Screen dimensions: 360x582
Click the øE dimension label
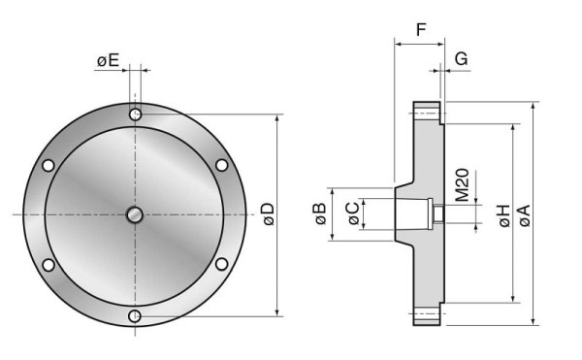108,61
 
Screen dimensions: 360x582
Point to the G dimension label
461,58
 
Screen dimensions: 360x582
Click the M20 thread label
462,184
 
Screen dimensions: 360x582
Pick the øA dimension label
525,214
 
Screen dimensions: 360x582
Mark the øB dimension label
319,213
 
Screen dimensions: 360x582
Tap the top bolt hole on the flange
136,115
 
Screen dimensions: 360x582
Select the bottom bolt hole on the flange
136,315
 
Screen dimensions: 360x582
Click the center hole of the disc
136,214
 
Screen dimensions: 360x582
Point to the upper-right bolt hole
222,164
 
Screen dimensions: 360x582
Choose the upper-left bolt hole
48,164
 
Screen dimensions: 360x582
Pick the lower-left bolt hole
48,265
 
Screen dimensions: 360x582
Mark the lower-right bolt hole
222,265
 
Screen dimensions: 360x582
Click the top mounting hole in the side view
428,114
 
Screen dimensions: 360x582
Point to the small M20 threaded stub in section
438,214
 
